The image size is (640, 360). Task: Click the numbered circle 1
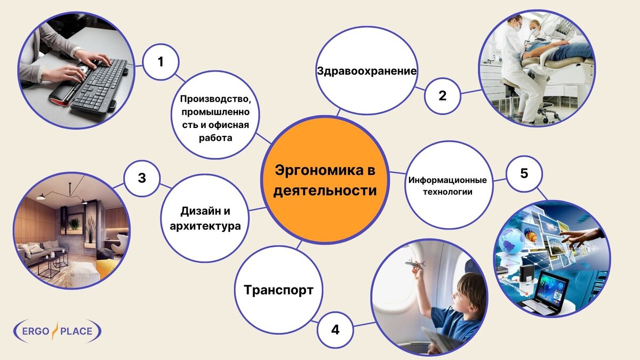pyautogui.click(x=161, y=62)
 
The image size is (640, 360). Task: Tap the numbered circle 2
pyautogui.click(x=442, y=96)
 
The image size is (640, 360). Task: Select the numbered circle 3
pyautogui.click(x=142, y=178)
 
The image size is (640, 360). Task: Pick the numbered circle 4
pyautogui.click(x=335, y=330)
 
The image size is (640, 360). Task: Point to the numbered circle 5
pyautogui.click(x=524, y=173)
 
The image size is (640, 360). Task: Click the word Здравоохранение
pyautogui.click(x=366, y=71)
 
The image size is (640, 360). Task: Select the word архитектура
pyautogui.click(x=205, y=226)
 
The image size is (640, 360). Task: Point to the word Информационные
pyautogui.click(x=447, y=180)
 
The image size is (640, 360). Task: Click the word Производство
pyautogui.click(x=215, y=99)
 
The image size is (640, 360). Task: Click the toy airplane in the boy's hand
pyautogui.click(x=414, y=263)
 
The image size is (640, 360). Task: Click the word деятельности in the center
pyautogui.click(x=325, y=190)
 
